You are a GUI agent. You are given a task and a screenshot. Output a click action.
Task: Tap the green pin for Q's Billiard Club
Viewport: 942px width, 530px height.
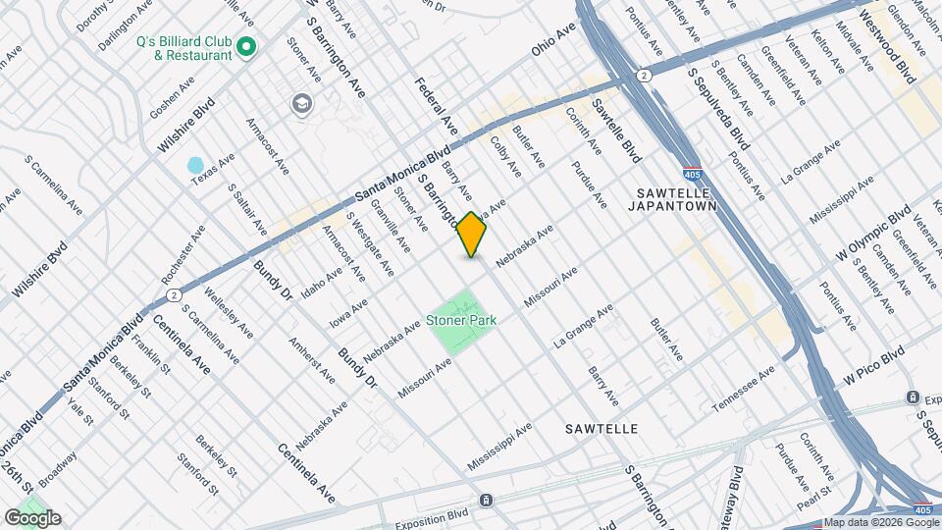pyautogui.click(x=247, y=46)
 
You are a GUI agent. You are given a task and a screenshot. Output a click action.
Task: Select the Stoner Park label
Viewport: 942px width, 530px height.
pyautogui.click(x=461, y=320)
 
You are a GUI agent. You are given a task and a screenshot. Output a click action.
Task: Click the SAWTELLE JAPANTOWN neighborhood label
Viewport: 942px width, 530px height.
pyautogui.click(x=678, y=199)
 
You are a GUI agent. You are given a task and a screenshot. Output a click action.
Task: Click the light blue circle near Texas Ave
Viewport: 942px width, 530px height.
pyautogui.click(x=195, y=165)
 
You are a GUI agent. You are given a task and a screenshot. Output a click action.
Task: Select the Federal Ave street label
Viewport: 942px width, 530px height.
pyautogui.click(x=436, y=105)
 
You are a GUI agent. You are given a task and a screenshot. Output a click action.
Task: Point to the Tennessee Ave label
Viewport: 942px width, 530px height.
pyautogui.click(x=743, y=389)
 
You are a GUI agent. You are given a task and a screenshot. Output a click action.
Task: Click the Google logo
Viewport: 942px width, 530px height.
pyautogui.click(x=31, y=518)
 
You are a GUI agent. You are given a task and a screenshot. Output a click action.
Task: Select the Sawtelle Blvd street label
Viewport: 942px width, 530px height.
pyautogui.click(x=616, y=136)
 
